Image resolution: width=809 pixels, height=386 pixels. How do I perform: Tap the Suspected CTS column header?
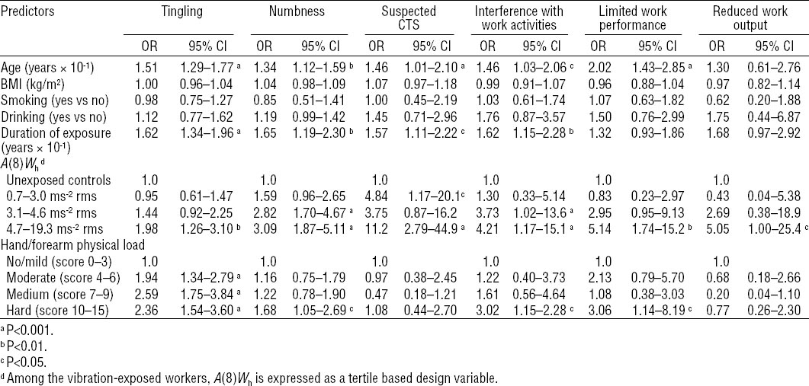click(409, 18)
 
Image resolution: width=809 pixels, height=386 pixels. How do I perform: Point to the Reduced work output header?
click(754, 18)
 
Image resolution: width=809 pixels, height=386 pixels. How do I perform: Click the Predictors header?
click(30, 12)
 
